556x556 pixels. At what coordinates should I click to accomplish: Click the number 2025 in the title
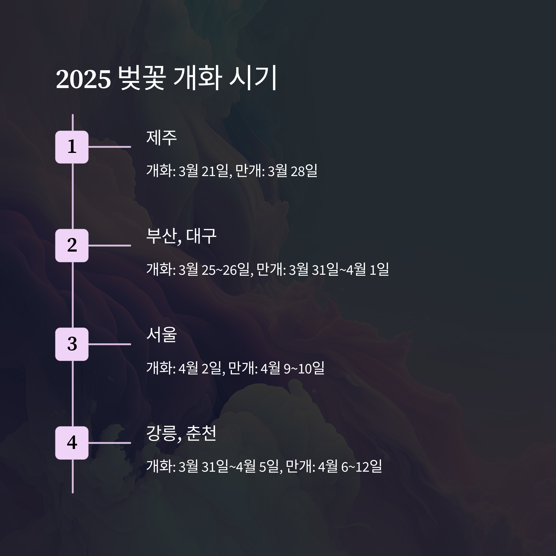coord(83,79)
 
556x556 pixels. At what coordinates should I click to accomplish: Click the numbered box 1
coord(72,147)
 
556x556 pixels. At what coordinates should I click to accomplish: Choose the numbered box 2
coord(72,246)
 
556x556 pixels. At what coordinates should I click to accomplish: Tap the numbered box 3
coord(72,344)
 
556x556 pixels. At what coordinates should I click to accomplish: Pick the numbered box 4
coord(72,443)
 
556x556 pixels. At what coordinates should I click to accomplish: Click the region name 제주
coord(161,138)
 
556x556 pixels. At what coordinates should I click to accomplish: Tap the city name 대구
coord(201,236)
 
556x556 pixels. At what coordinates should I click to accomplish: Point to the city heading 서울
coord(161,335)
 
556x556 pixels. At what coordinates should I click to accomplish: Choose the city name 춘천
coord(201,433)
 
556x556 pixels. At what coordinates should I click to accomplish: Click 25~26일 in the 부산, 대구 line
coord(225,270)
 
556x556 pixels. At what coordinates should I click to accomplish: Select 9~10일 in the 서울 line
coord(304,368)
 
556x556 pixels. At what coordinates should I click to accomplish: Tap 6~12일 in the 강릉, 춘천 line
coord(361,467)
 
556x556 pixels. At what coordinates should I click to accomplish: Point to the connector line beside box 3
coord(110,344)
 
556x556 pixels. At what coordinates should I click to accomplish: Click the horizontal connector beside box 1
coord(110,147)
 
